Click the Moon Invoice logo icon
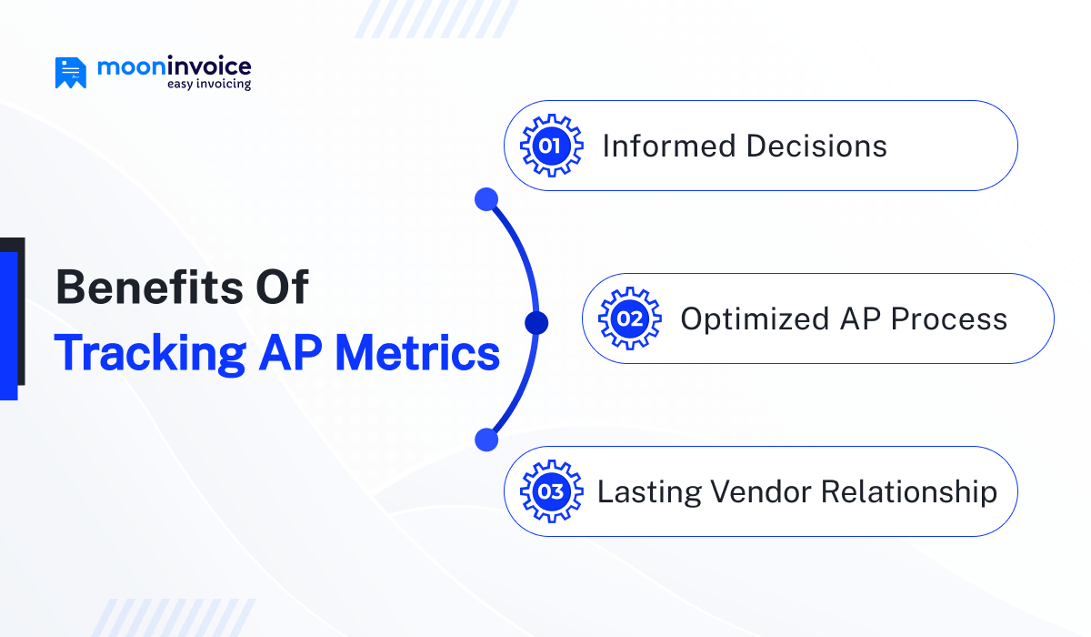(x=71, y=73)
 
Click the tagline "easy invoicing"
(x=209, y=84)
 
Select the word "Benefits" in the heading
(x=149, y=287)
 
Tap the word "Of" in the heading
(x=282, y=287)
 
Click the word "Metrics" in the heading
(x=417, y=353)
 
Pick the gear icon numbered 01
(x=551, y=146)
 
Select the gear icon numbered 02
(x=630, y=318)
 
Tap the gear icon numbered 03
(x=551, y=491)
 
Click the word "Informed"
(x=669, y=146)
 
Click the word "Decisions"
(x=816, y=146)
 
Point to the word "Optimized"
(x=755, y=320)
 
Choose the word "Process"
(x=949, y=319)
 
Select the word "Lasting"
(x=649, y=492)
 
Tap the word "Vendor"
(x=761, y=491)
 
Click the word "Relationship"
(x=909, y=492)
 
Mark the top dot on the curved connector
(x=486, y=199)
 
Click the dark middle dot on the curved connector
(x=536, y=323)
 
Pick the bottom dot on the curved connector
(x=486, y=440)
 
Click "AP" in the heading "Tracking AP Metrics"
(x=290, y=353)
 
